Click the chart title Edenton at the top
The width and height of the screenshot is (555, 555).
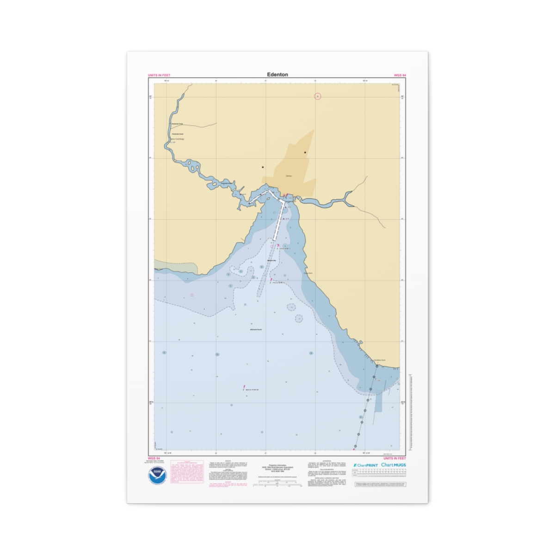pyautogui.click(x=277, y=74)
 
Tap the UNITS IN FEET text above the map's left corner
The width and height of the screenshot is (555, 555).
pyautogui.click(x=159, y=75)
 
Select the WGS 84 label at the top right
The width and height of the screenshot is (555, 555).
pyautogui.click(x=400, y=75)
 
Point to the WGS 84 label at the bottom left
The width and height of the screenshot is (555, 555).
pyautogui.click(x=154, y=458)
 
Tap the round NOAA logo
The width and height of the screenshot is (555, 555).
pyautogui.click(x=156, y=475)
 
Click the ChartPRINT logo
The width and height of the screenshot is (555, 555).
pyautogui.click(x=365, y=465)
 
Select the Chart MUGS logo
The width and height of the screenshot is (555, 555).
pyautogui.click(x=394, y=465)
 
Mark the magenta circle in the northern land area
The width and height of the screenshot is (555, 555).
pyautogui.click(x=317, y=96)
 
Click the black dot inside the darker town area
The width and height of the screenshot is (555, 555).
pyautogui.click(x=305, y=153)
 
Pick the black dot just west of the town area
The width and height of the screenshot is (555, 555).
pyautogui.click(x=263, y=167)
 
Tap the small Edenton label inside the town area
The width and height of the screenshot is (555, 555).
pyautogui.click(x=289, y=176)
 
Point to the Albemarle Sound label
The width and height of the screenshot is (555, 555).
pyautogui.click(x=256, y=329)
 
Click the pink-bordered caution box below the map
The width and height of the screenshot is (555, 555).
pyautogui.click(x=187, y=472)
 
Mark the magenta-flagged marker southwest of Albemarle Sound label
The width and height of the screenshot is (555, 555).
pyautogui.click(x=244, y=388)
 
